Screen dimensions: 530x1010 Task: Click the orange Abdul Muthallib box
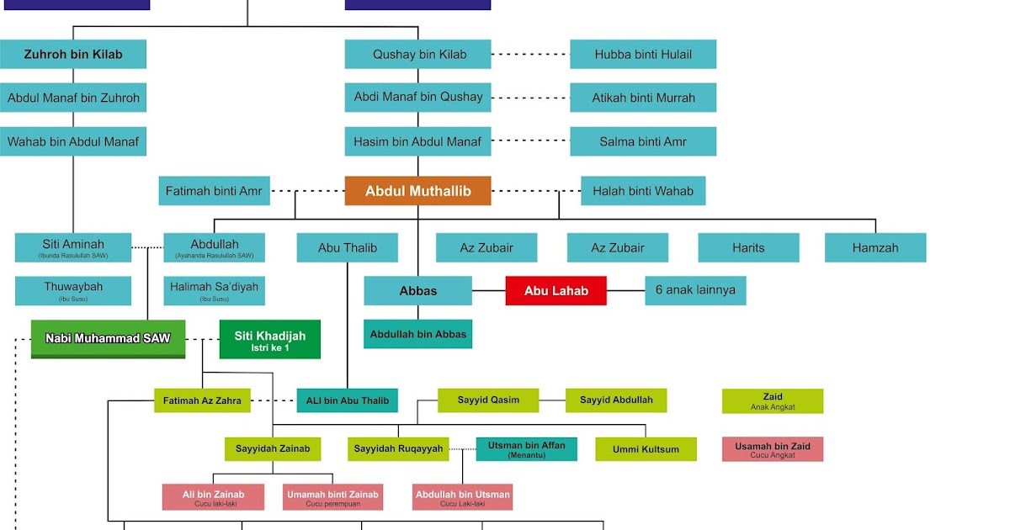(x=417, y=191)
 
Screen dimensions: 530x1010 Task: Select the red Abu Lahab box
(x=555, y=290)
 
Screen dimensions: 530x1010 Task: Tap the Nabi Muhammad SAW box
(x=108, y=338)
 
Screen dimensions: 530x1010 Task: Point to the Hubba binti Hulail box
(x=643, y=54)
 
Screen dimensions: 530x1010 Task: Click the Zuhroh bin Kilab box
(x=73, y=54)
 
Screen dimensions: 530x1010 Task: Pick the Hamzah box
(x=875, y=247)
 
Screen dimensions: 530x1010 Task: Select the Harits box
(x=748, y=247)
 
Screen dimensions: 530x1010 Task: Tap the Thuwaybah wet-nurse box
(x=73, y=290)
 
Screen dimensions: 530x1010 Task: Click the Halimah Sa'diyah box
(x=214, y=290)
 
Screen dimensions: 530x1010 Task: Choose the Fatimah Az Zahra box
(x=202, y=400)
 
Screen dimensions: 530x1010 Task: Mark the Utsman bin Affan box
(x=527, y=448)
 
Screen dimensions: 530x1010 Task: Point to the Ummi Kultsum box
(x=646, y=449)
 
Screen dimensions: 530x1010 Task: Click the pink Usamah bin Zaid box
(x=773, y=449)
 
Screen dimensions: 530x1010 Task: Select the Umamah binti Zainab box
(x=332, y=496)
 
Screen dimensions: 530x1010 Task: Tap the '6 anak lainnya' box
(x=695, y=290)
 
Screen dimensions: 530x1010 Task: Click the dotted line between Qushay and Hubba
(x=530, y=54)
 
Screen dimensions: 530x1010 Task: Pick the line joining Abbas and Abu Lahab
(x=488, y=290)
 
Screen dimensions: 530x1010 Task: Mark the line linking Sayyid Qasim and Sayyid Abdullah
(x=552, y=400)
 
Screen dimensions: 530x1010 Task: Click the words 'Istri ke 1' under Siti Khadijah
(x=269, y=347)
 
